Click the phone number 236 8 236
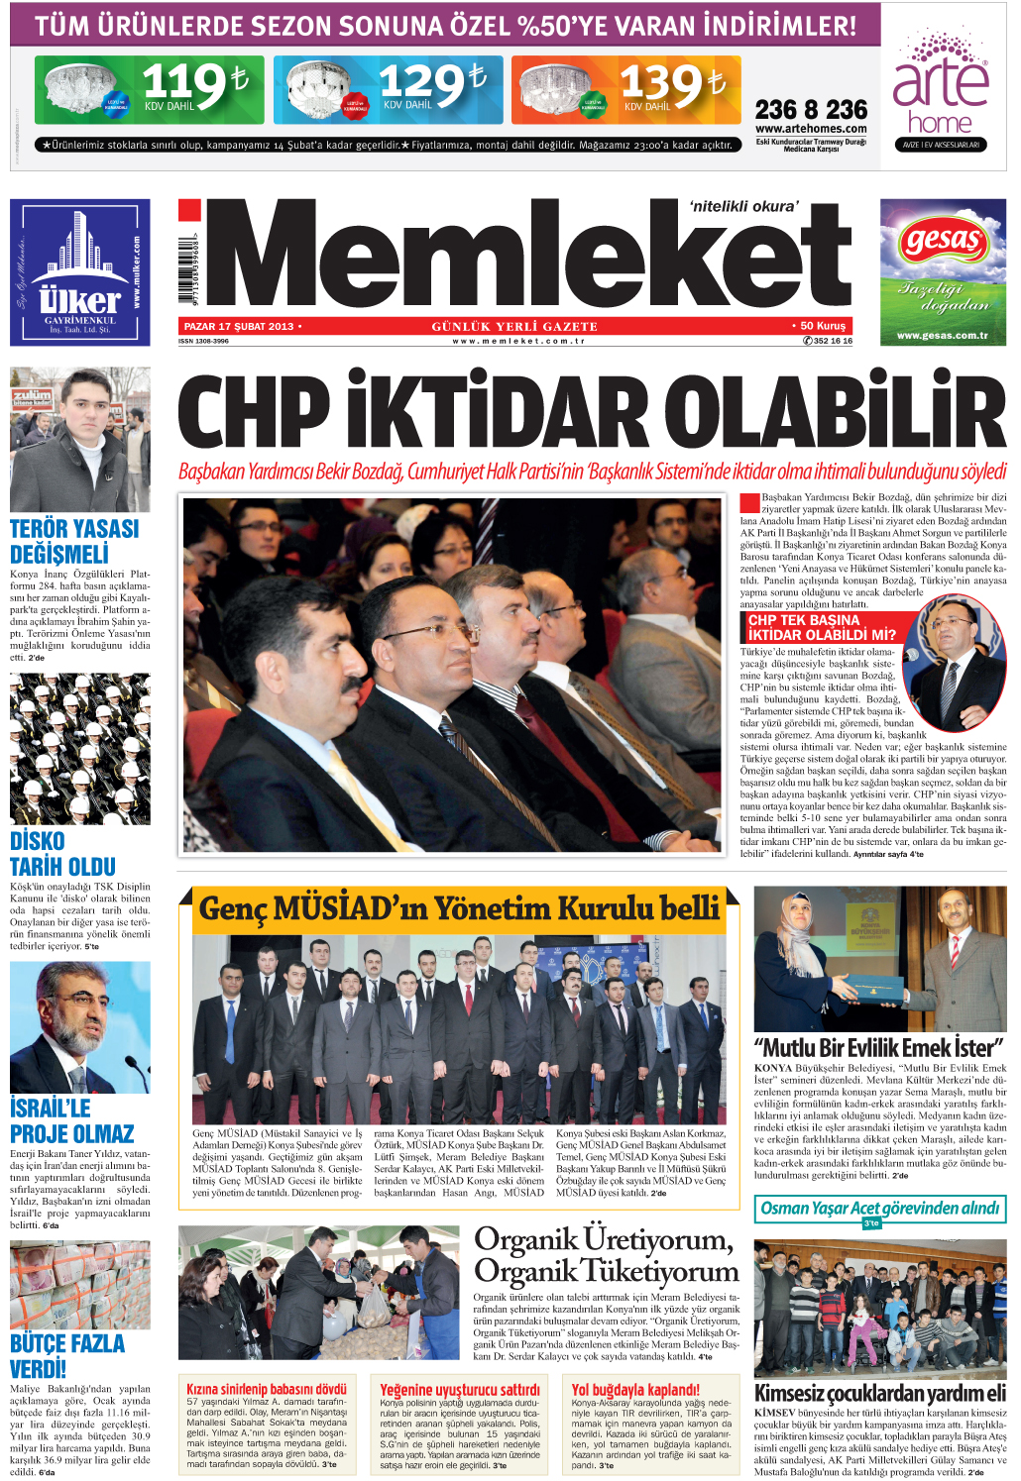pos(811,109)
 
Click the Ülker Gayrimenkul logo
pos(80,272)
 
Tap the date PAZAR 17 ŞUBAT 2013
pos(239,326)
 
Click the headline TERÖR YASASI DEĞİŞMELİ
pos(74,542)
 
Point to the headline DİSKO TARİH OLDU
pos(62,854)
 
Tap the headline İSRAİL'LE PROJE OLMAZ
pos(71,1120)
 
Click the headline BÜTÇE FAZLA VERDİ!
pos(67,1356)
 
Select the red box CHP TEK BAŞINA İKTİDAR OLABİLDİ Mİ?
pos(822,627)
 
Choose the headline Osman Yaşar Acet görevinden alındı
pos(880,1208)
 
